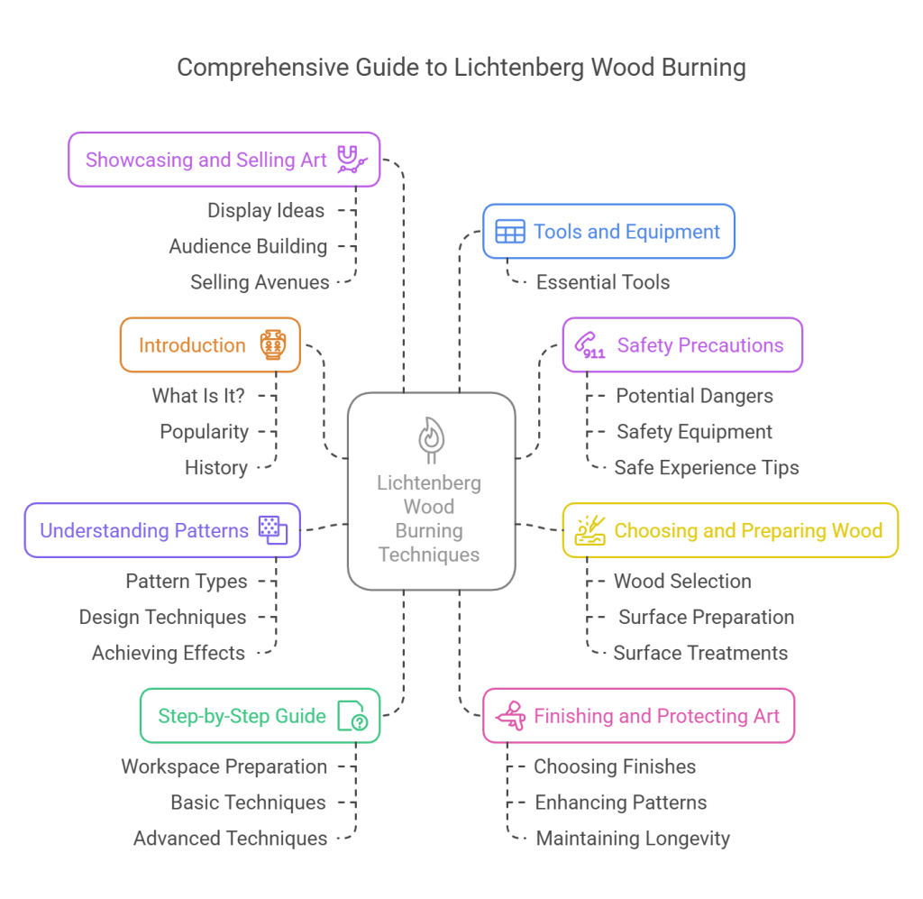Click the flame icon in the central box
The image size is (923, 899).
pyautogui.click(x=431, y=439)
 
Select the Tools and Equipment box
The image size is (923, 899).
pyautogui.click(x=608, y=232)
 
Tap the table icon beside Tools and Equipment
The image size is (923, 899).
pyautogui.click(x=509, y=232)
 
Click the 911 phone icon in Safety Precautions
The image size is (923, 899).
pyautogui.click(x=591, y=345)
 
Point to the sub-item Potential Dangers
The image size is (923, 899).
pyautogui.click(x=694, y=396)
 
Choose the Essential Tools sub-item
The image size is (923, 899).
pyautogui.click(x=602, y=282)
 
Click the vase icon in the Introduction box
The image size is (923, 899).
pyautogui.click(x=272, y=345)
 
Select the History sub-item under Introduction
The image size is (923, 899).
pyautogui.click(x=216, y=467)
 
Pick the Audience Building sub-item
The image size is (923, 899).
pyautogui.click(x=248, y=246)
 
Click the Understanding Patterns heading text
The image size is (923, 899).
pyautogui.click(x=144, y=530)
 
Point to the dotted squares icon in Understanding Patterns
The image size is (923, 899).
pyautogui.click(x=272, y=530)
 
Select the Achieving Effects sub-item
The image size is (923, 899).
pyautogui.click(x=169, y=653)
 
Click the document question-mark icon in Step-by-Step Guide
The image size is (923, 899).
pyautogui.click(x=352, y=717)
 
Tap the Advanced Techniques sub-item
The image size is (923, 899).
pyautogui.click(x=231, y=839)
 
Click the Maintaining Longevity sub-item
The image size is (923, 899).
pyautogui.click(x=633, y=839)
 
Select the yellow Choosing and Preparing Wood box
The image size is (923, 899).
pyautogui.click(x=730, y=530)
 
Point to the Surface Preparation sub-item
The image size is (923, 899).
pyautogui.click(x=706, y=618)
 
